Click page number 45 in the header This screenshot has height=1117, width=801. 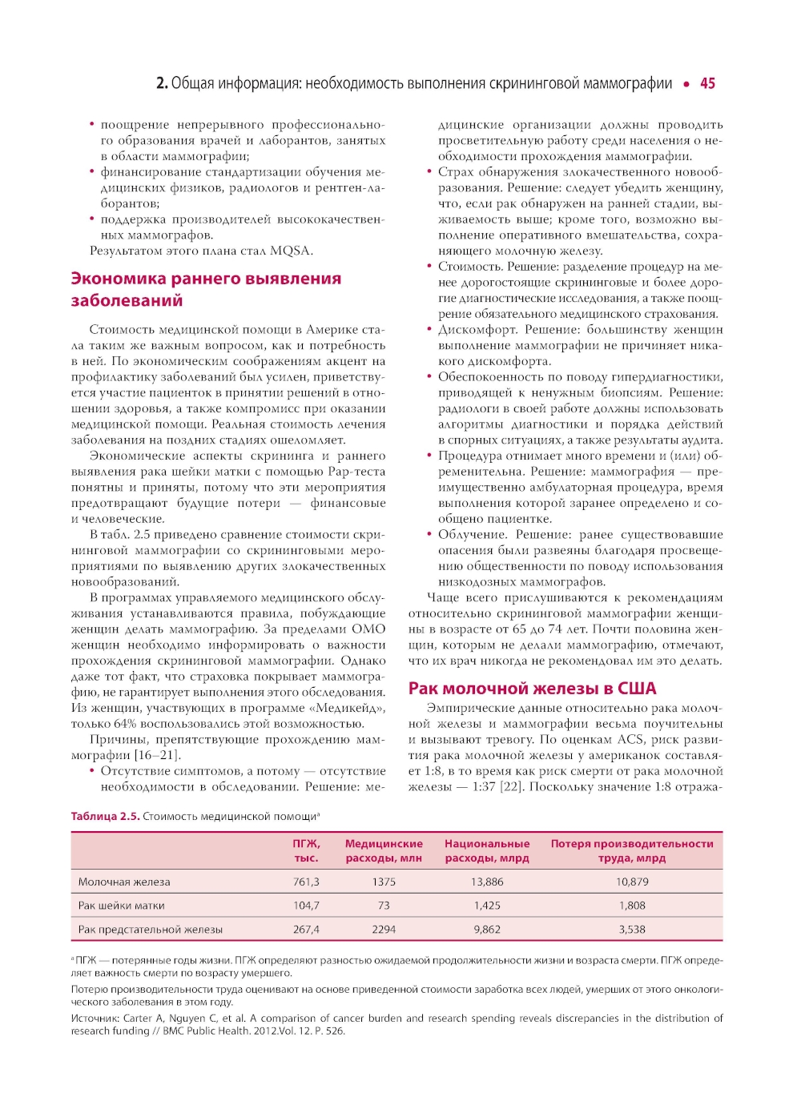(x=707, y=83)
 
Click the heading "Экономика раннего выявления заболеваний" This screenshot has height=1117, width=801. (x=206, y=290)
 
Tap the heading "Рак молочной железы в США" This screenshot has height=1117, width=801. (x=532, y=689)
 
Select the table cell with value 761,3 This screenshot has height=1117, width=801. (x=306, y=882)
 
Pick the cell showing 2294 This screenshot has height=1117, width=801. (x=384, y=930)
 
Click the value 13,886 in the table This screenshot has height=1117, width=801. (x=487, y=882)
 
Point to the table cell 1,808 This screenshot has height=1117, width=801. (x=632, y=906)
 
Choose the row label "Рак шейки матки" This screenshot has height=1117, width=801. (x=121, y=906)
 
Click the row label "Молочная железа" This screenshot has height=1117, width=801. (x=124, y=882)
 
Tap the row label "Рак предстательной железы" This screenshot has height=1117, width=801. (x=150, y=930)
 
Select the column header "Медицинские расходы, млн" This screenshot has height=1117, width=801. (x=384, y=850)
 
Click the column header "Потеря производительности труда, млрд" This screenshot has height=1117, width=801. (x=632, y=850)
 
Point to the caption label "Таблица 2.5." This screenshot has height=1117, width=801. (x=105, y=817)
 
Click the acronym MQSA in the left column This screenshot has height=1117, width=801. (x=290, y=251)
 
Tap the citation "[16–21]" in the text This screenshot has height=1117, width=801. (x=158, y=755)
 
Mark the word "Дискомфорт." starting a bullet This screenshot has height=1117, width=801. (x=478, y=330)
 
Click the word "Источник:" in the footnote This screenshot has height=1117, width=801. (x=95, y=1019)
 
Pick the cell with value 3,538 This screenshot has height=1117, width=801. (x=632, y=930)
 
